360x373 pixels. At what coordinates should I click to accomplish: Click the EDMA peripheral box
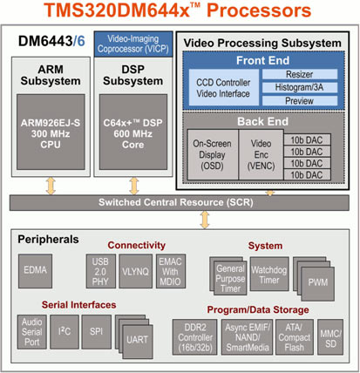point(35,271)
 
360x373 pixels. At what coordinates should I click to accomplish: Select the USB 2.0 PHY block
point(100,271)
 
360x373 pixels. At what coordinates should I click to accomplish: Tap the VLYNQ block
point(135,271)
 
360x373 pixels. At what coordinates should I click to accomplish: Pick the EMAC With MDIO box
point(171,271)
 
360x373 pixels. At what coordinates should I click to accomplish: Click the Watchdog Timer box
point(269,274)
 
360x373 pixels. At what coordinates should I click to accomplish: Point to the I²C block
point(65,332)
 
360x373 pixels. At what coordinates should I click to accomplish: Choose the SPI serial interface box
point(96,332)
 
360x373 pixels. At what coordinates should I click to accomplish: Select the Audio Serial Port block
point(32,332)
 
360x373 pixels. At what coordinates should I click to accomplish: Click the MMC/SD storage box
point(330,337)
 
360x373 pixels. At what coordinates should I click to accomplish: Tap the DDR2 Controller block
point(194,337)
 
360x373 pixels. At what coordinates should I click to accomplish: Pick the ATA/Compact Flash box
point(295,337)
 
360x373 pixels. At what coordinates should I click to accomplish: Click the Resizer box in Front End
point(300,74)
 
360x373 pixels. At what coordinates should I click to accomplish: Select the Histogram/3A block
point(300,87)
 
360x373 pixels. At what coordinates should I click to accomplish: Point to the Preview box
point(300,101)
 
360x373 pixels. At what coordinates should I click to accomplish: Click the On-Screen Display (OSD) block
point(213,154)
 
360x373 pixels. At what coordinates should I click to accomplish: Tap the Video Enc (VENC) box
point(261,154)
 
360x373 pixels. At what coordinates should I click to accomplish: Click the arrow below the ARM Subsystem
point(51,186)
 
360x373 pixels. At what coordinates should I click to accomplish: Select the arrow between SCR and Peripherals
point(205,220)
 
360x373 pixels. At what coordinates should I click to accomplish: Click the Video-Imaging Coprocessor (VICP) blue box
point(133,44)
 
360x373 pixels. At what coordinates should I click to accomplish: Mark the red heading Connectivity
point(136,245)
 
